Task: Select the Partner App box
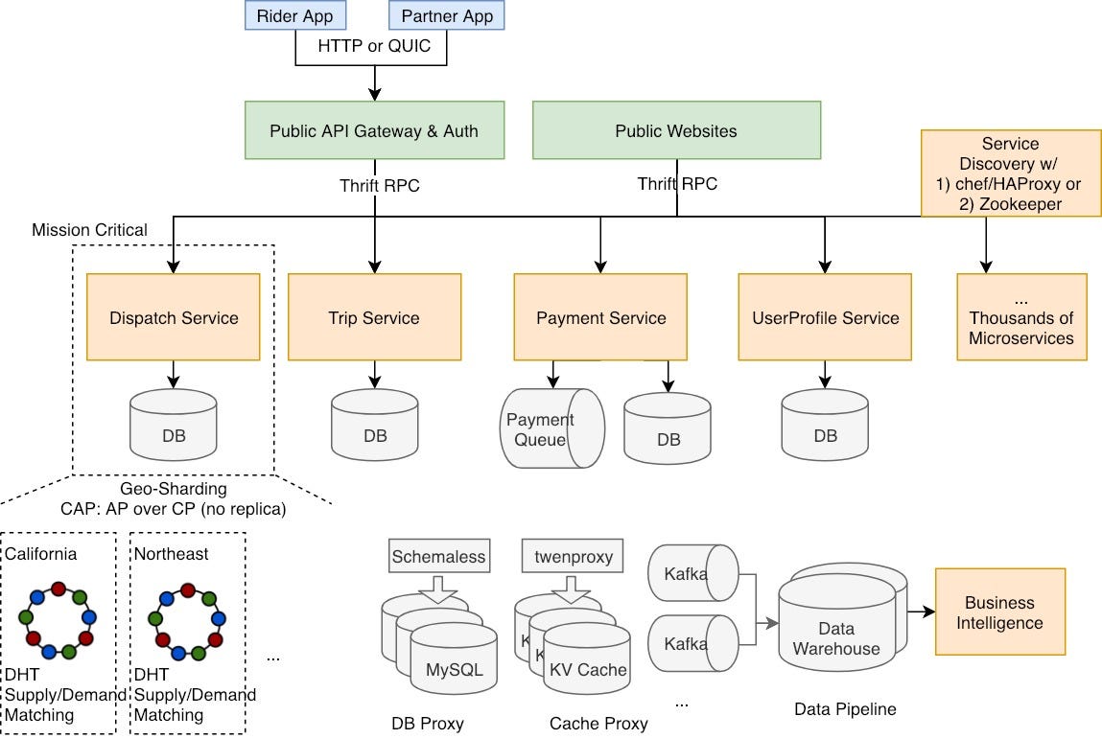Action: coord(446,15)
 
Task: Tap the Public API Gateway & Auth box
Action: coord(374,130)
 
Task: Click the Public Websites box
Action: coord(676,130)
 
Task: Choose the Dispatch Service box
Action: coord(174,317)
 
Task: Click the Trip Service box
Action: coord(374,317)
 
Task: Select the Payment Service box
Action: coord(600,317)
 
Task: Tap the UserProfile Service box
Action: coord(825,317)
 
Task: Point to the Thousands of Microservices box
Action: coord(1021,317)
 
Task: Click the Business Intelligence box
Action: coord(999,612)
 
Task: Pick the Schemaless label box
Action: coord(439,556)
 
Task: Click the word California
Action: coord(41,554)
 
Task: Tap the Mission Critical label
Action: coord(90,230)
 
